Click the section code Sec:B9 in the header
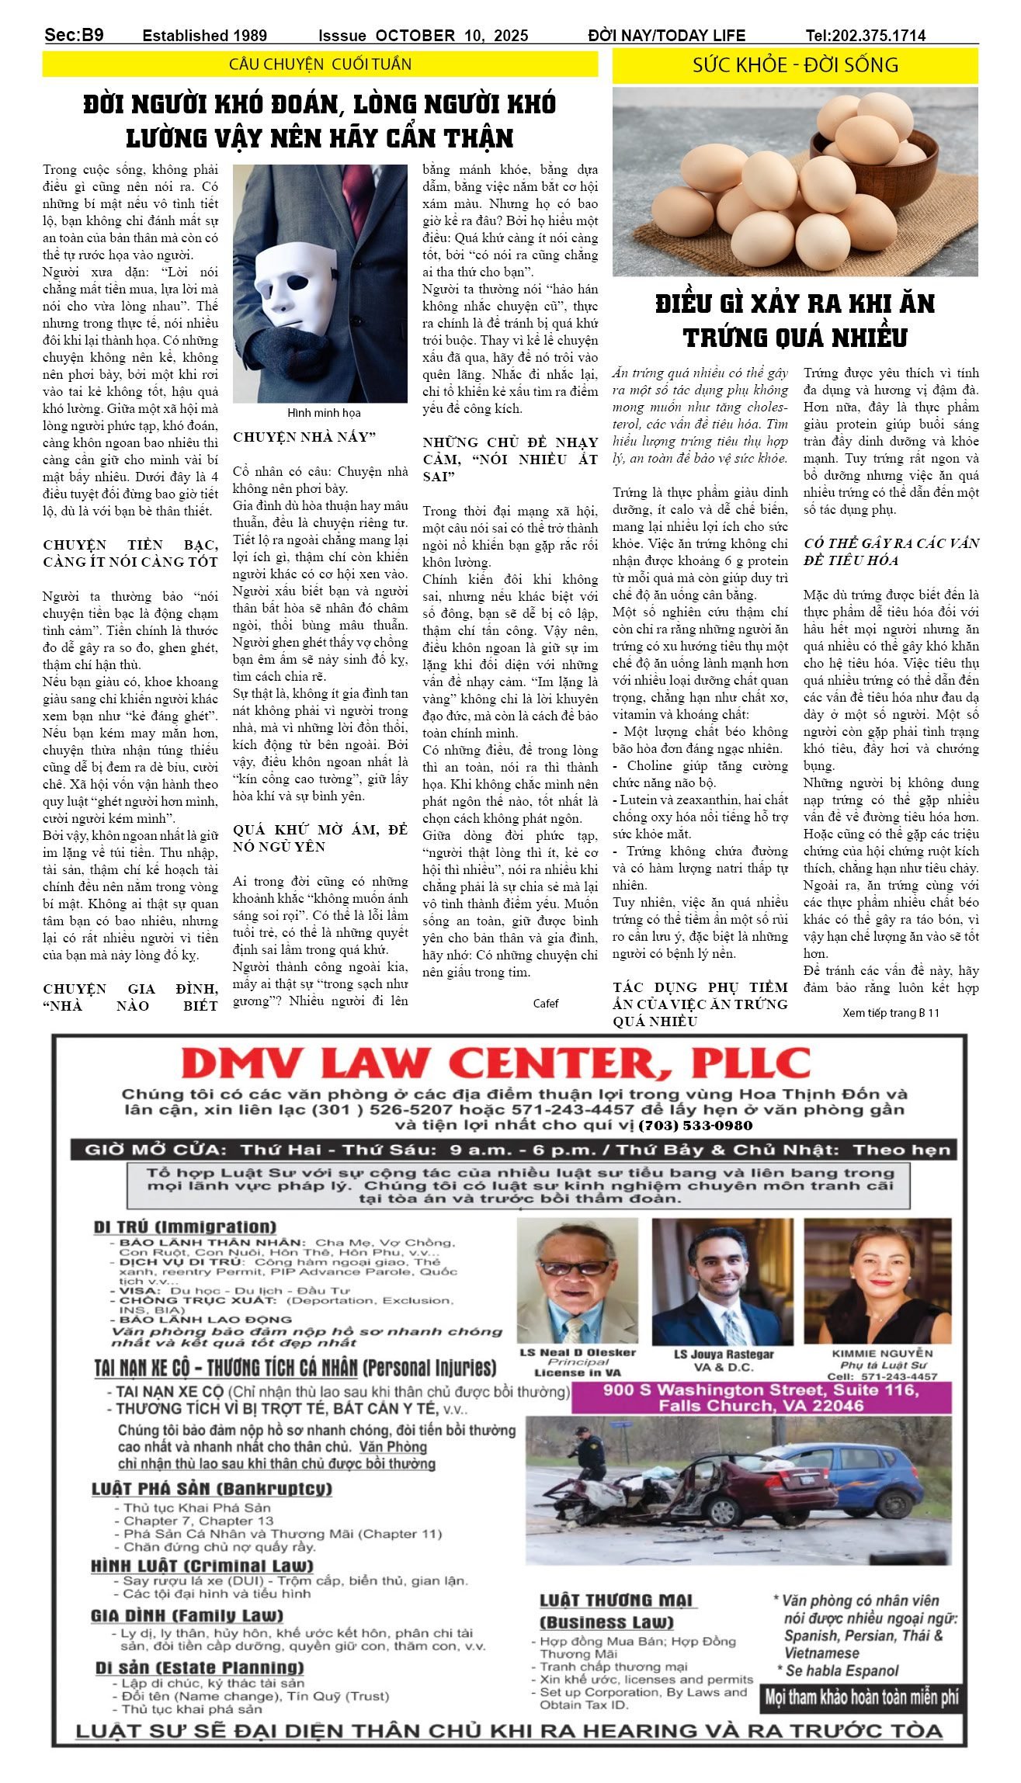74,35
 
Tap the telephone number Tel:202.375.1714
865,36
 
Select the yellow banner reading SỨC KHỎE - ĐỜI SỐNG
795,65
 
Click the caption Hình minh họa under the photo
324,413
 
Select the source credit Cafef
545,1003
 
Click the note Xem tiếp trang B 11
890,1012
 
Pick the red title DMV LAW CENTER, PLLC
495,1063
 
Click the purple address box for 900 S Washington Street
760,1398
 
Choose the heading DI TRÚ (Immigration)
185,1227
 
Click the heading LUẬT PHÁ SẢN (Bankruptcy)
211,1489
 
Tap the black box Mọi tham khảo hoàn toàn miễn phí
861,1697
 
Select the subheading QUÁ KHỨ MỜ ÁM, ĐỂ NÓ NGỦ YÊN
320,838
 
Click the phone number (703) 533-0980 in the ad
695,1126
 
